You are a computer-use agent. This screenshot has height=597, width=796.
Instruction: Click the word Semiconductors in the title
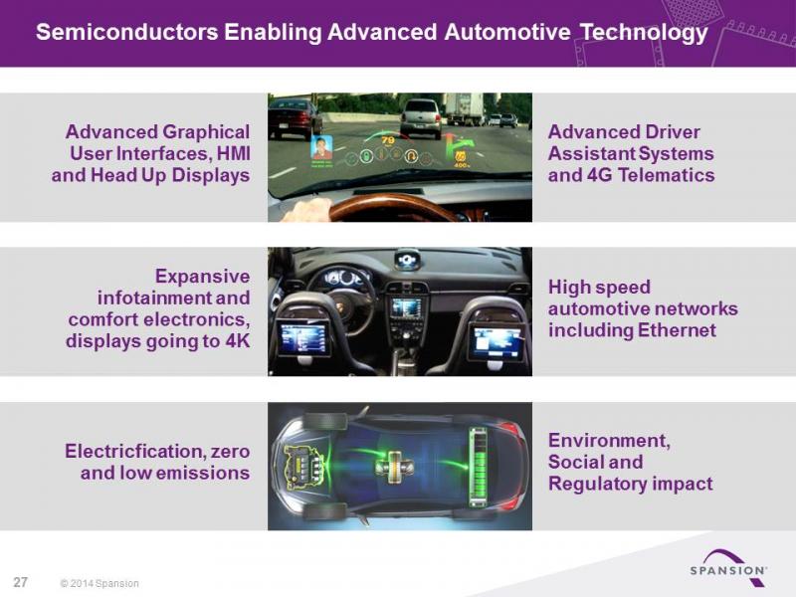coord(127,32)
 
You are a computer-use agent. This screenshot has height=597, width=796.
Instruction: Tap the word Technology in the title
coord(644,33)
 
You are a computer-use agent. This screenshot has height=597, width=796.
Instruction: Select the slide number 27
coord(20,582)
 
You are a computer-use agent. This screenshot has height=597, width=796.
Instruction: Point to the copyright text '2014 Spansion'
coord(104,583)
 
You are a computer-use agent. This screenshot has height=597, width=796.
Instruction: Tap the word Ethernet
coord(677,330)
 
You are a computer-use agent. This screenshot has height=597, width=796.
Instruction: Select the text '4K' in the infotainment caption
coord(238,340)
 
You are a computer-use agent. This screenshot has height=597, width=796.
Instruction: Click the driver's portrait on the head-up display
coord(320,147)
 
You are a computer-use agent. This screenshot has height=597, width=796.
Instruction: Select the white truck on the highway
coord(464,108)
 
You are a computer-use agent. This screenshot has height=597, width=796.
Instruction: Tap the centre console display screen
coord(406,307)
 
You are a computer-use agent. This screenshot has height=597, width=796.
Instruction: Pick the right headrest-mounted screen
coord(496,343)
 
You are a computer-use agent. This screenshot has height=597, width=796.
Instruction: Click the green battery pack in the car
coord(478,467)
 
